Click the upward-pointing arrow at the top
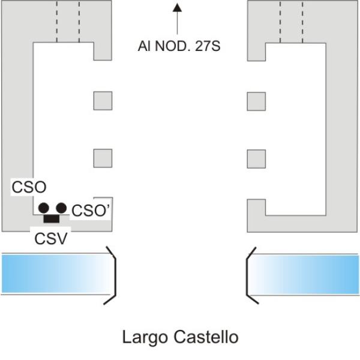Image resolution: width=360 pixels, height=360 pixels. [x=177, y=18]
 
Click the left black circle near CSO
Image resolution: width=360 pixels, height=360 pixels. [x=44, y=208]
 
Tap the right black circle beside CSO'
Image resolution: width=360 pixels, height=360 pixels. [x=61, y=208]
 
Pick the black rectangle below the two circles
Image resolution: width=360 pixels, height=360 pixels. [x=52, y=218]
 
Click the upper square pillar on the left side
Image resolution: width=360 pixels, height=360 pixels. [x=103, y=101]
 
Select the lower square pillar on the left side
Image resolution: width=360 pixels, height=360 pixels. [x=103, y=158]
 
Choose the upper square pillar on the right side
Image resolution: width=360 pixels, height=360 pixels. [x=256, y=101]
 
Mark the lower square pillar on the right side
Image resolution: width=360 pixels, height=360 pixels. [x=256, y=158]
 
